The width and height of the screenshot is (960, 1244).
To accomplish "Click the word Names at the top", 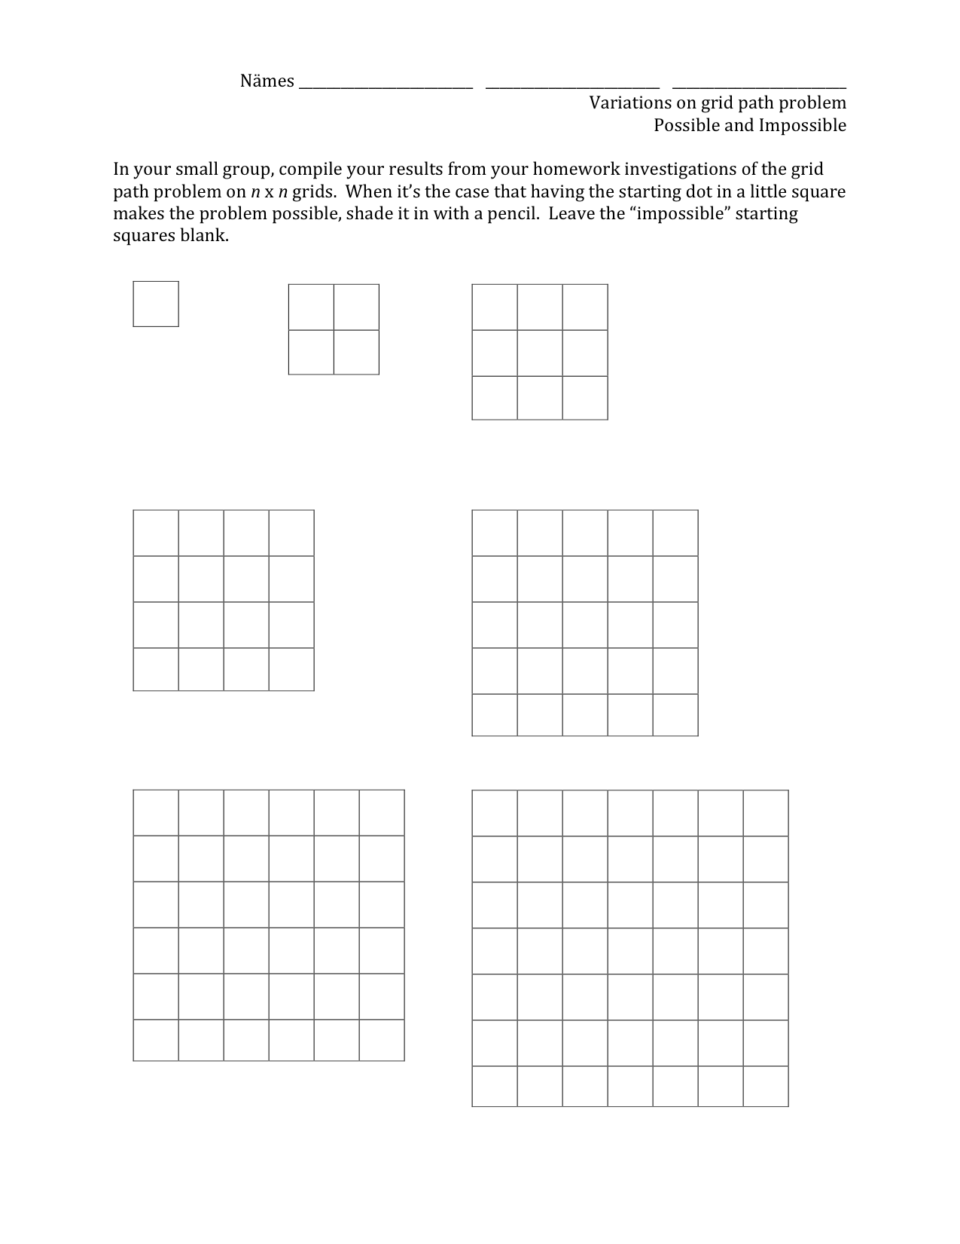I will coord(267,81).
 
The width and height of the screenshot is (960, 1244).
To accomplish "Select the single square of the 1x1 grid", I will coord(156,304).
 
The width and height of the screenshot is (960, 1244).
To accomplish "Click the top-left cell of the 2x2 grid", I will coord(311,307).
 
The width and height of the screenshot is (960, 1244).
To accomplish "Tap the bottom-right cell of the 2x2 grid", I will coord(356,353).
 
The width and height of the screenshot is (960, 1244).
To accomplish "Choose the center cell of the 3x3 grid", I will coord(540,353).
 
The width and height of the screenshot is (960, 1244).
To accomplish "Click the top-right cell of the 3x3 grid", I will coord(585,307).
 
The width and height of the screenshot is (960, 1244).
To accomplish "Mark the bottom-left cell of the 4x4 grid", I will coord(156,669).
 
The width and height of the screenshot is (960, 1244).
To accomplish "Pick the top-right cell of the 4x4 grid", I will coord(291,533).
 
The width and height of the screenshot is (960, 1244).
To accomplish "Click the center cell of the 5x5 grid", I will coord(585,625).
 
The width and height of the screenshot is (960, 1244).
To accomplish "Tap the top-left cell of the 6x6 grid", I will coord(156,813).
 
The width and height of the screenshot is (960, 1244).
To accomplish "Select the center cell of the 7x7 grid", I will coord(630,952).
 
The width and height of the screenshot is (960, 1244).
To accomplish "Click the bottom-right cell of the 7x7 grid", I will coord(766,1087).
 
